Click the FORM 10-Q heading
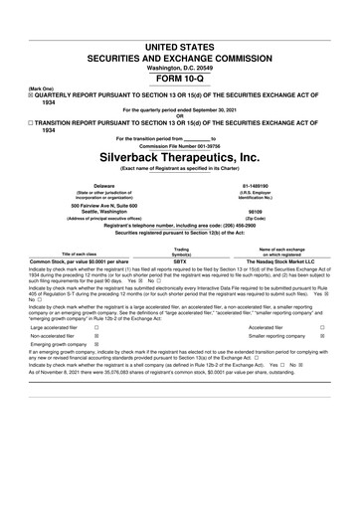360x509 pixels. [x=180, y=75]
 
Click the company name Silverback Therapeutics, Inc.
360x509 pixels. [x=180, y=157]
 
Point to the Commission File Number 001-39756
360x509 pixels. [x=180, y=145]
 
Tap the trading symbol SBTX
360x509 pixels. [x=180, y=260]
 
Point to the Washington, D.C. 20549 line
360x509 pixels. [x=180, y=64]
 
